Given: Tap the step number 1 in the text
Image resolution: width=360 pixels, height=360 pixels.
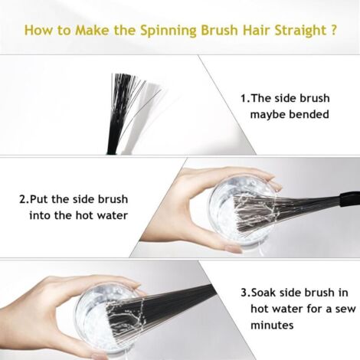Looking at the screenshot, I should click(x=244, y=98).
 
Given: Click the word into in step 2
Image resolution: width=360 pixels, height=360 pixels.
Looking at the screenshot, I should click(x=38, y=215).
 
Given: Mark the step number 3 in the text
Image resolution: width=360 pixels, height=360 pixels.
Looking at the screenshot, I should click(x=244, y=293).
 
